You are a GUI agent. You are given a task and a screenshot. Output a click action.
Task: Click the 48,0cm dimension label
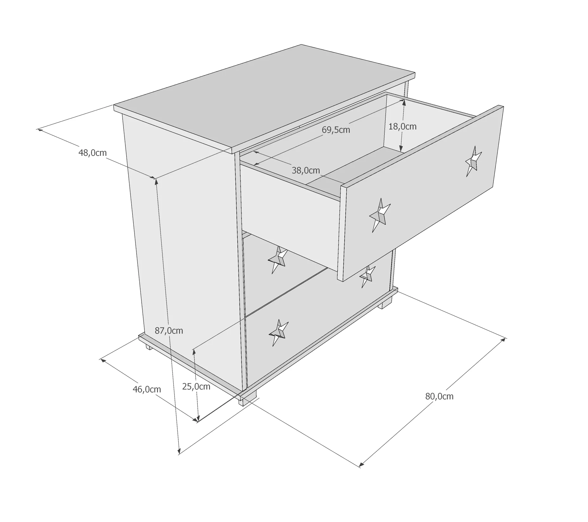pyautogui.click(x=92, y=153)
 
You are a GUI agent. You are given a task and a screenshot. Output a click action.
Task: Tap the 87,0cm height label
pyautogui.click(x=169, y=331)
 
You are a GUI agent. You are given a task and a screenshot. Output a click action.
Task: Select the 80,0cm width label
pyautogui.click(x=439, y=396)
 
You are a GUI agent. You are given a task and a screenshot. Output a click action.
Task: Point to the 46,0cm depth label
pyautogui.click(x=147, y=389)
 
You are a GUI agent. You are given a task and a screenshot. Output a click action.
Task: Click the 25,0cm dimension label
pyautogui.click(x=196, y=386)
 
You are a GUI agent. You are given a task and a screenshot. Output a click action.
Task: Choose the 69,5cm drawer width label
pyautogui.click(x=336, y=130)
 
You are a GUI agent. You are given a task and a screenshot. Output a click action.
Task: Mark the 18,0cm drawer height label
pyautogui.click(x=402, y=126)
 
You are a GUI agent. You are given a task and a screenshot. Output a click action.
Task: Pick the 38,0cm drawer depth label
pyautogui.click(x=306, y=170)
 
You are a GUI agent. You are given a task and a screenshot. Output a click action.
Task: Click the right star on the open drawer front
pyautogui.click(x=473, y=161)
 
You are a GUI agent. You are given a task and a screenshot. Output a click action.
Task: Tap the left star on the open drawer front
pyautogui.click(x=380, y=215)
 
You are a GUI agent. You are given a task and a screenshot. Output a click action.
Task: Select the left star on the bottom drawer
pyautogui.click(x=278, y=332)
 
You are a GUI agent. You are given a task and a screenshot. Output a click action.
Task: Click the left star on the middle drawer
pyautogui.click(x=278, y=259)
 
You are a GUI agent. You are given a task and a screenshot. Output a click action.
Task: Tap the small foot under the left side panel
pyautogui.click(x=149, y=347)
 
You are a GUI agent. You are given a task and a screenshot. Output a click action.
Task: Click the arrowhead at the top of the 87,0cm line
pyautogui.click(x=156, y=182)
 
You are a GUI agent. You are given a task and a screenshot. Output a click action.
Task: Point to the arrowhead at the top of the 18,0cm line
pyautogui.click(x=404, y=102)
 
